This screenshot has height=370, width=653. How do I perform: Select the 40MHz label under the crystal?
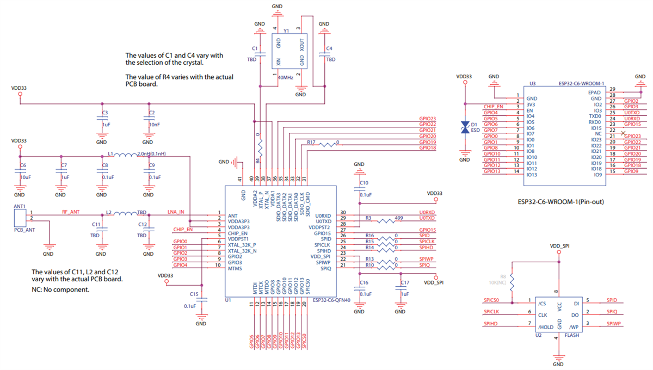pos(285,78)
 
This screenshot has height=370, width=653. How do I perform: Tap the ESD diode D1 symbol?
pos(465,127)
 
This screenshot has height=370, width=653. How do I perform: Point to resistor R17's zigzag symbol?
pos(328,145)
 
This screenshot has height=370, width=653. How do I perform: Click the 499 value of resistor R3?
pos(398,217)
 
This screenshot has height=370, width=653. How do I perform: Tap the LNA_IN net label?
pos(176,212)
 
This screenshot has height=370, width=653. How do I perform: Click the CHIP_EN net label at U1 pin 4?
pos(183,230)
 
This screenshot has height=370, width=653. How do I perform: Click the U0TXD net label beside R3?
pos(427,218)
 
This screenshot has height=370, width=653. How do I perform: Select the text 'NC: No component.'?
pos(60,289)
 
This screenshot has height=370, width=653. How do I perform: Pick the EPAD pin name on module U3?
pos(595,92)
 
